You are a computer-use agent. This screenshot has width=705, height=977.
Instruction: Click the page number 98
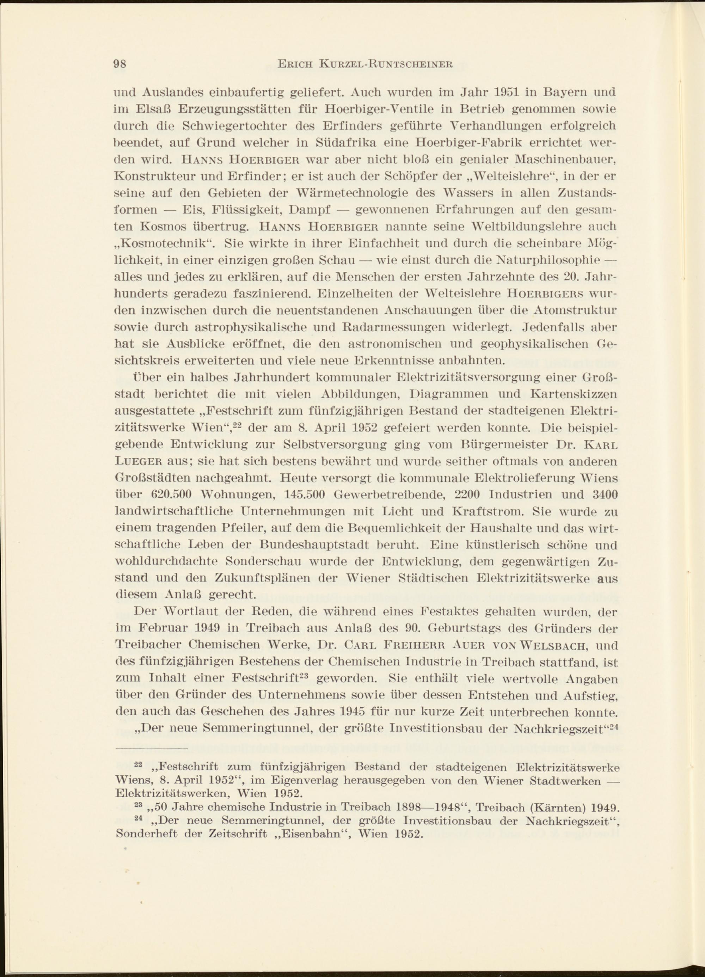click(119, 64)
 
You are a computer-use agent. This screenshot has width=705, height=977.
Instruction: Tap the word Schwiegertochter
click(235, 126)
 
